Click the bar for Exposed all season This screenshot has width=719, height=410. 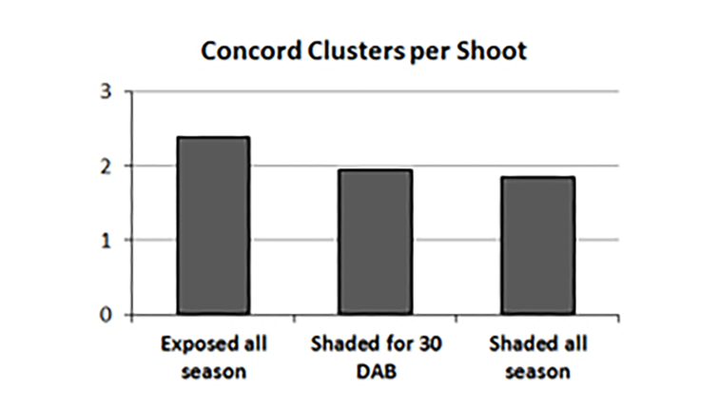click(x=213, y=225)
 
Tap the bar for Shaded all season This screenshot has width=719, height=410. click(x=538, y=245)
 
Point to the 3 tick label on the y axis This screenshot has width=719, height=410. click(x=106, y=92)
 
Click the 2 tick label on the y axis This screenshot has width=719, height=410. click(x=106, y=166)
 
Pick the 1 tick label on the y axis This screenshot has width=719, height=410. click(x=106, y=241)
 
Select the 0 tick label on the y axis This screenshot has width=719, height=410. click(x=106, y=315)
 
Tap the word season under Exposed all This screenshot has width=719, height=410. click(x=214, y=370)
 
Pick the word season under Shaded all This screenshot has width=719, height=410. click(x=538, y=370)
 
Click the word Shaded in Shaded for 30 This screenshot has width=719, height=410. click(x=340, y=342)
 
